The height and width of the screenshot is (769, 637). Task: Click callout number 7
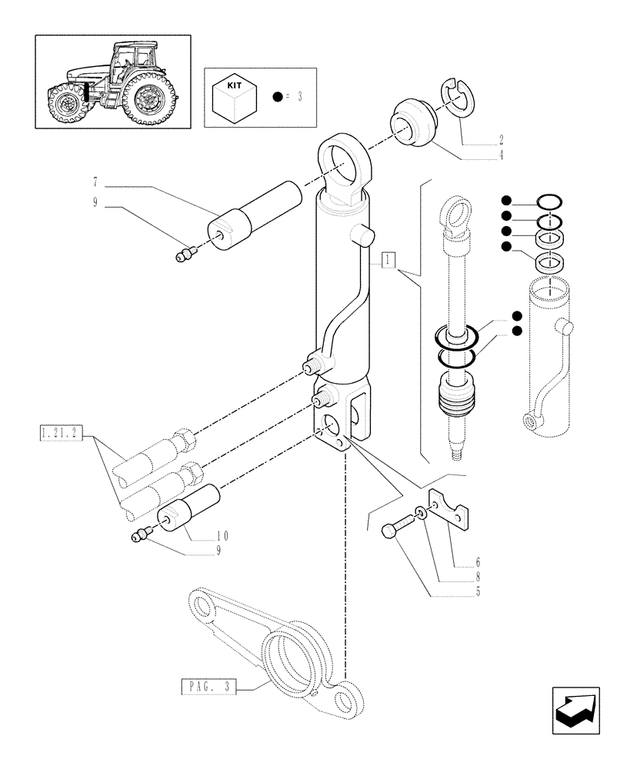[x=95, y=183]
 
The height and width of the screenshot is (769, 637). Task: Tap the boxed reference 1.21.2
[x=60, y=434]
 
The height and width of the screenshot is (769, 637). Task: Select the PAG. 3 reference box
[x=209, y=686]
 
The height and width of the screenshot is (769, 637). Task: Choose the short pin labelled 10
[x=189, y=511]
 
